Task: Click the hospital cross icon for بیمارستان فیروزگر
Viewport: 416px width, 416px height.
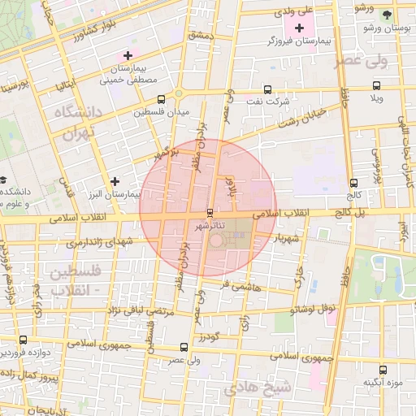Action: click(x=300, y=28)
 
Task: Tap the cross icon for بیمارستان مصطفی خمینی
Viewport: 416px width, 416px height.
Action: click(x=128, y=55)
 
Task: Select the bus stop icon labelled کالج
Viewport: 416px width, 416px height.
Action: click(x=353, y=184)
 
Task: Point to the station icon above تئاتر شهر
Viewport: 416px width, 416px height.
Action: click(x=211, y=213)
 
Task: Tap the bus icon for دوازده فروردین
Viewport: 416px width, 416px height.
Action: click(x=22, y=340)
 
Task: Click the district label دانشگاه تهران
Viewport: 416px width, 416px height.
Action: click(x=75, y=123)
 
